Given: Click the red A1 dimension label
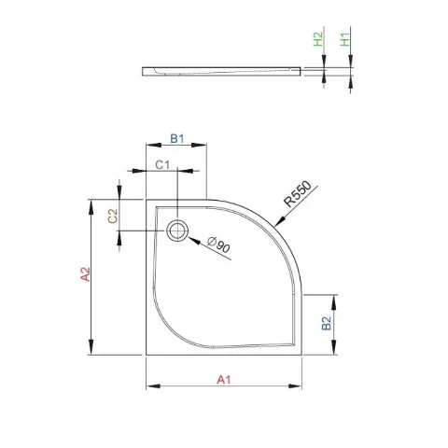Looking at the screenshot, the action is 224,380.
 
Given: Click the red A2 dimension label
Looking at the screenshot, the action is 85,274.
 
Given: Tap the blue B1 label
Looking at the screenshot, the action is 177,138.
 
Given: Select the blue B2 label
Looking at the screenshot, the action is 327,323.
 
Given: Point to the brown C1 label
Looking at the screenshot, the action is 162,164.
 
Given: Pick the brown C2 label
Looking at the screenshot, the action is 113,216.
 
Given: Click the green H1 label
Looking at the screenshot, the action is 345,39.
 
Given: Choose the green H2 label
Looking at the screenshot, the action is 318,39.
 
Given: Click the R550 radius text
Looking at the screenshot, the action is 298,194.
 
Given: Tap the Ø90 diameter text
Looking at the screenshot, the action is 219,245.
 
